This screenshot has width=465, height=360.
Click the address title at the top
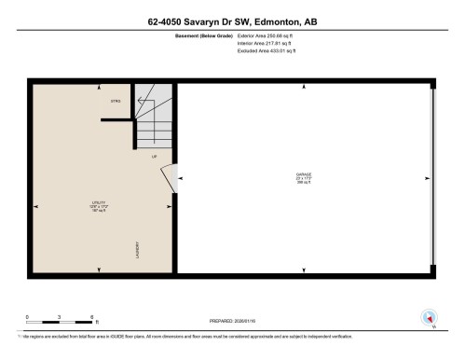[232, 20]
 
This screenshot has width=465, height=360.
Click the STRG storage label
[116, 101]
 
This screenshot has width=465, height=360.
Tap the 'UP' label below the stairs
[154, 156]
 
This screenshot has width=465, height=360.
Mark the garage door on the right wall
[431, 178]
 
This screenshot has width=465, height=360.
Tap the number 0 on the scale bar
[28, 317]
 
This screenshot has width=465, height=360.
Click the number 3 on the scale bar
[60, 317]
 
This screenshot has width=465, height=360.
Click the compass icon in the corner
[430, 317]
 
